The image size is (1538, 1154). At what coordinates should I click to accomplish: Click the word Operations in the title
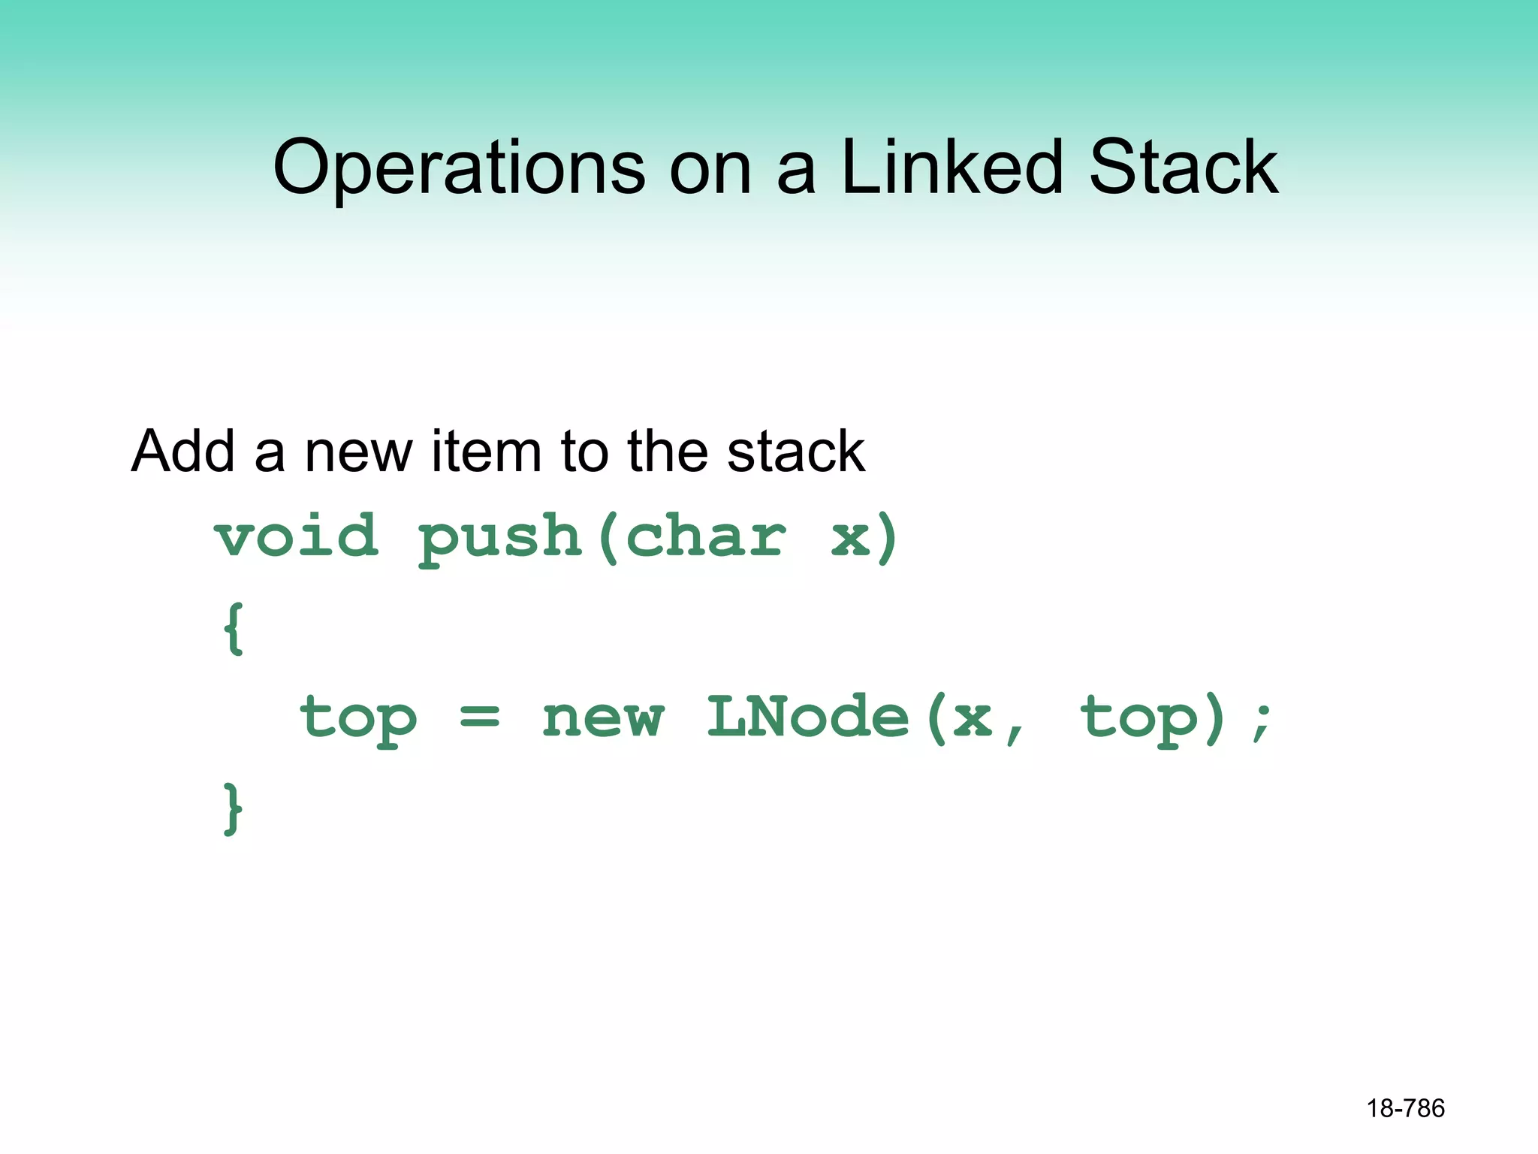(x=459, y=168)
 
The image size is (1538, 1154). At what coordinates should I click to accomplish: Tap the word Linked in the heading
(x=951, y=167)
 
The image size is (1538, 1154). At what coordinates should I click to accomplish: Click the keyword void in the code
(x=296, y=536)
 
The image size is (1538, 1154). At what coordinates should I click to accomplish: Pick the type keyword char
(x=706, y=536)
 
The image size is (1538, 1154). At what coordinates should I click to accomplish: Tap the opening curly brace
(x=234, y=628)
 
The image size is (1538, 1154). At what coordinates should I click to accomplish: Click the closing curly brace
(x=234, y=808)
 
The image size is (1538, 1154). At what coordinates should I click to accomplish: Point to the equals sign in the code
(x=479, y=717)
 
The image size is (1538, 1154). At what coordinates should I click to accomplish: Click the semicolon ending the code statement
(x=1262, y=721)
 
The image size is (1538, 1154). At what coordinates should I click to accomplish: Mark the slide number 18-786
(x=1405, y=1108)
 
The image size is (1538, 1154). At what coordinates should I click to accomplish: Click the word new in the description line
(x=358, y=452)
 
